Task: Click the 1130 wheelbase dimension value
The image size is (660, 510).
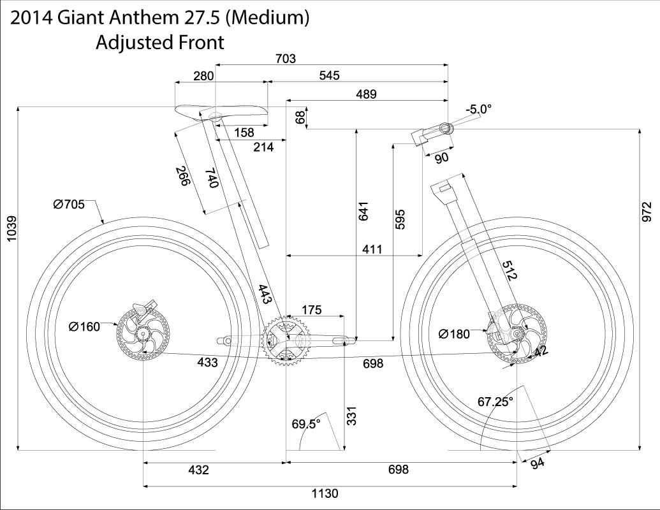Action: (x=325, y=493)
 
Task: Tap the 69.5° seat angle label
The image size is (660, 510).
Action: (x=306, y=424)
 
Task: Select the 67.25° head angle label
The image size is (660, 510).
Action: (x=495, y=402)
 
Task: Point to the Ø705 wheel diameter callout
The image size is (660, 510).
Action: (x=69, y=205)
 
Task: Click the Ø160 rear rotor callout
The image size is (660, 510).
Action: (x=84, y=326)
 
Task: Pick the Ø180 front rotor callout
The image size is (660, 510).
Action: (x=454, y=334)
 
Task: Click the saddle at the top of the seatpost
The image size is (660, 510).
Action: (x=221, y=112)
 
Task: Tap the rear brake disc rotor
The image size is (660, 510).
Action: (x=143, y=334)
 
